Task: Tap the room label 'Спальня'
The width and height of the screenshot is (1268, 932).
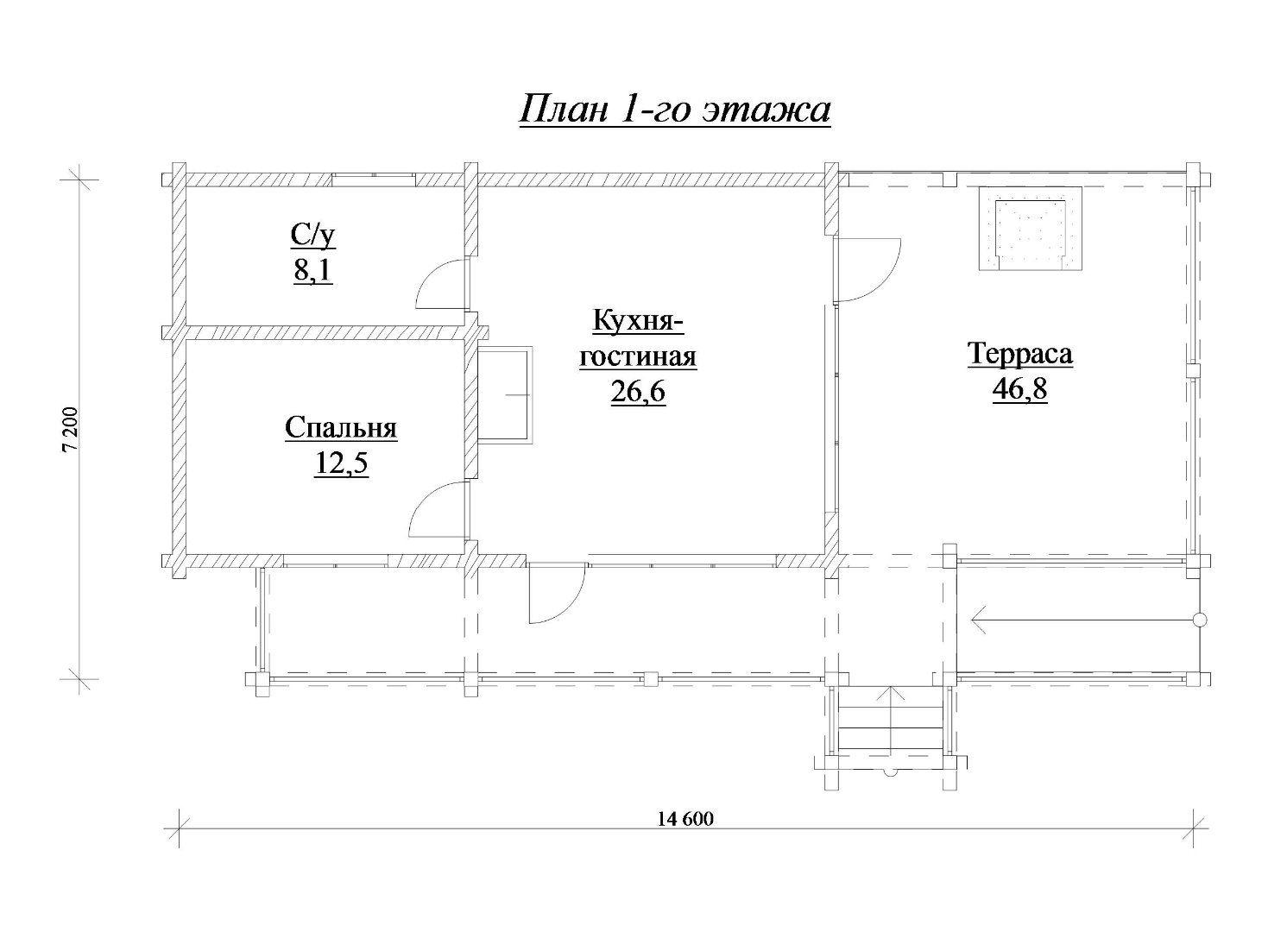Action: [x=341, y=428]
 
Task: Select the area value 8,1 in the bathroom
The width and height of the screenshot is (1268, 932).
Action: [x=312, y=271]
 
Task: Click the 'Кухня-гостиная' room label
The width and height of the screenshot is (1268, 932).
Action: [x=638, y=339]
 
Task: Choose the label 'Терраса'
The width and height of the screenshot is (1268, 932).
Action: [x=1020, y=354]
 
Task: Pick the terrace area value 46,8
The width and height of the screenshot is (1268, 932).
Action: [x=1020, y=389]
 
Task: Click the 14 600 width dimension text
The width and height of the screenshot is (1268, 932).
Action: [x=685, y=834]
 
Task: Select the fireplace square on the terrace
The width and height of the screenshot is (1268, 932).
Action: [x=1031, y=229]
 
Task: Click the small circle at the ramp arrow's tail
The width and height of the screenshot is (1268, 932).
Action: [x=1199, y=620]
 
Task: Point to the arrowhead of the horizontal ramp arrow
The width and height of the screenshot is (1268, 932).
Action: [x=980, y=620]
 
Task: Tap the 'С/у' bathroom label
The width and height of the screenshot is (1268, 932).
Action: [x=313, y=236]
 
